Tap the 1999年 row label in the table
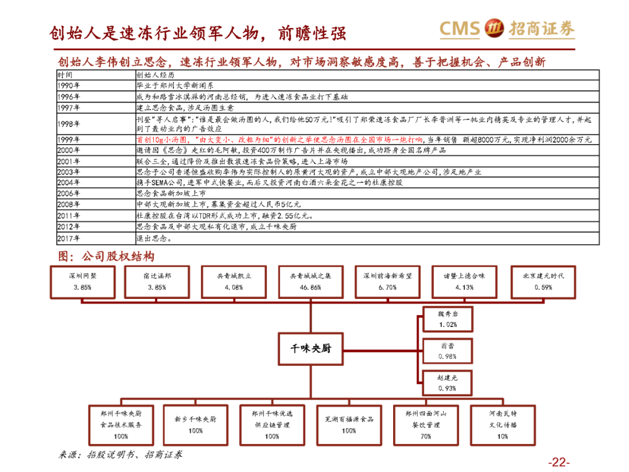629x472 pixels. point(69,140)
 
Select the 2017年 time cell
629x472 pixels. point(69,238)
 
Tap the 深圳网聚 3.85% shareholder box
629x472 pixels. point(83,281)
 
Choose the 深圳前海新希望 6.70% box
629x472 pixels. point(387,281)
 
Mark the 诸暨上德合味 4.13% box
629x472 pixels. point(464,281)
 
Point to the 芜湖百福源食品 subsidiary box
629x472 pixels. point(349,424)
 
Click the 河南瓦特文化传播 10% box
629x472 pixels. point(502,424)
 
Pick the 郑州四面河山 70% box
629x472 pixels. point(426,424)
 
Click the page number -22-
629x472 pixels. point(558,462)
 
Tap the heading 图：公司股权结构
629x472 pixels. point(106,256)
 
